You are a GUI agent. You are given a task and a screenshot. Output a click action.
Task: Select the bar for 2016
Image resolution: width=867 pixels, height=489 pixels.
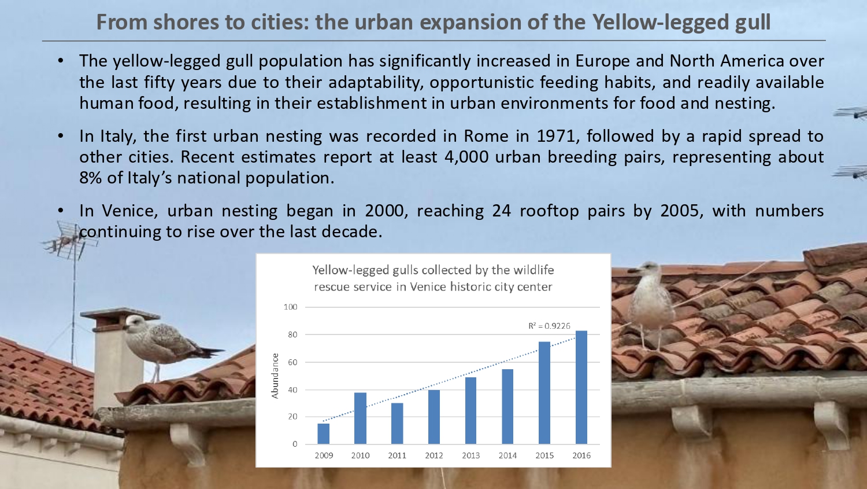[x=581, y=387]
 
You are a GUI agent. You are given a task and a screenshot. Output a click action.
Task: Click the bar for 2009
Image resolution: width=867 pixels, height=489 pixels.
[x=324, y=433]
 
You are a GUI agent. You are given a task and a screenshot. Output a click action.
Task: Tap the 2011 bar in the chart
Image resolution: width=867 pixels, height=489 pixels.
[x=397, y=424]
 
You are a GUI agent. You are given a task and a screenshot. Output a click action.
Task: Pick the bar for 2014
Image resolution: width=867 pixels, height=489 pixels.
[x=507, y=406]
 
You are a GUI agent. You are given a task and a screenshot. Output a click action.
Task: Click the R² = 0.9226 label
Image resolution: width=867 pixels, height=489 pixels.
[x=549, y=326]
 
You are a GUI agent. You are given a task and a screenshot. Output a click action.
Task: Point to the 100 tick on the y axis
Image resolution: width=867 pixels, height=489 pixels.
[x=290, y=307]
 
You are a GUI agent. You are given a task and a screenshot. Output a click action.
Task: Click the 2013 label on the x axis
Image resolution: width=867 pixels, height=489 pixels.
[x=470, y=455]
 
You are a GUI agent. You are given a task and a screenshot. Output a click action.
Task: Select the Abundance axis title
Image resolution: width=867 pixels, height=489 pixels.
[x=275, y=376]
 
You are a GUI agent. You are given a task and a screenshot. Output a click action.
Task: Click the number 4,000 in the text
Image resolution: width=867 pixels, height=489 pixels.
[x=466, y=157]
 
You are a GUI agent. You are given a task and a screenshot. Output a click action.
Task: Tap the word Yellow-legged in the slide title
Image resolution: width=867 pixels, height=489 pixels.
[x=661, y=23]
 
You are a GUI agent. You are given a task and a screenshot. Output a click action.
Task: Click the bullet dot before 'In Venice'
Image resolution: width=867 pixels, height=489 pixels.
[x=61, y=211]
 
